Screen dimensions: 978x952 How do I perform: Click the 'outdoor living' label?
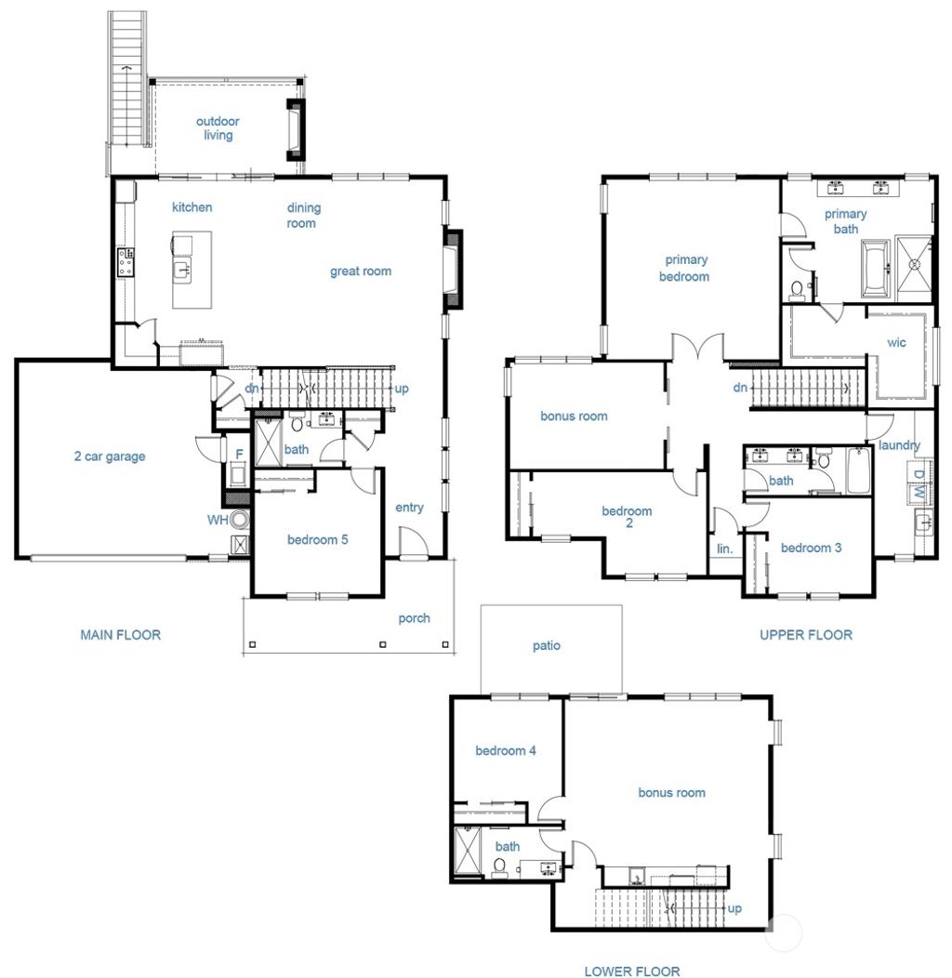[x=218, y=128]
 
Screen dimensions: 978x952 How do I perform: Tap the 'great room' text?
[x=361, y=271]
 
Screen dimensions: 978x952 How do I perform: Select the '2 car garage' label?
[x=110, y=456]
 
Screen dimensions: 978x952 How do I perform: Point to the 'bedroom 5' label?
[x=317, y=540]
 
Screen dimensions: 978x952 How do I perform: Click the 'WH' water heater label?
[x=218, y=520]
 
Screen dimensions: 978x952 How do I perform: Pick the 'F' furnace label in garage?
[x=239, y=455]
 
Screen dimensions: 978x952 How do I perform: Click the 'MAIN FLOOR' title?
[x=120, y=635]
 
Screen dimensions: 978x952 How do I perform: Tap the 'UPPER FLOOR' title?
[x=805, y=635]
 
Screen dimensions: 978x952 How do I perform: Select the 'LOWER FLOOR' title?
[x=631, y=971]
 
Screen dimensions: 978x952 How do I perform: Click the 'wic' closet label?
[x=896, y=343]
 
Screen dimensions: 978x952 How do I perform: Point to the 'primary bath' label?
[x=845, y=221]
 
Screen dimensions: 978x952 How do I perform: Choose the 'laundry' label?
[x=899, y=445]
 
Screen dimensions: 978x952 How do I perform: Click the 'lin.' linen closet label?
[x=724, y=548]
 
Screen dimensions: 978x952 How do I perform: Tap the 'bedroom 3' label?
[x=811, y=548]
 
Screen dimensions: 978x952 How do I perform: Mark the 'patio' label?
[x=547, y=645]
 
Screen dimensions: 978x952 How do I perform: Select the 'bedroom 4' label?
[x=505, y=750]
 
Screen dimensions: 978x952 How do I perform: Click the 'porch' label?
[x=414, y=618]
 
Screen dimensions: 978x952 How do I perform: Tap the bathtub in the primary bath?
[x=876, y=269]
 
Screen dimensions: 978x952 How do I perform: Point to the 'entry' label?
[x=409, y=508]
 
